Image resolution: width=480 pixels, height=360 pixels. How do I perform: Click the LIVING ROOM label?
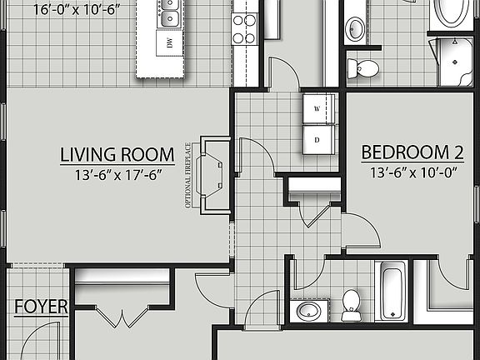(x=117, y=154)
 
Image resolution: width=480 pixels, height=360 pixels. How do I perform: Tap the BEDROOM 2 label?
(x=412, y=152)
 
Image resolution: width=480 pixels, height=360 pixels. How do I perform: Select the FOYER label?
(x=41, y=307)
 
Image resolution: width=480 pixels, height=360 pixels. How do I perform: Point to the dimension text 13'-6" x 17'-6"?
(x=117, y=175)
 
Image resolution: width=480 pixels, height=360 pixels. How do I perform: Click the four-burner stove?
(x=244, y=29)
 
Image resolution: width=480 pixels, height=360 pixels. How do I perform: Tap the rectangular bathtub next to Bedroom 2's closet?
(x=390, y=291)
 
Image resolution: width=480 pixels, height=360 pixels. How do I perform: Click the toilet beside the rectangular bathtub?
(x=351, y=303)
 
